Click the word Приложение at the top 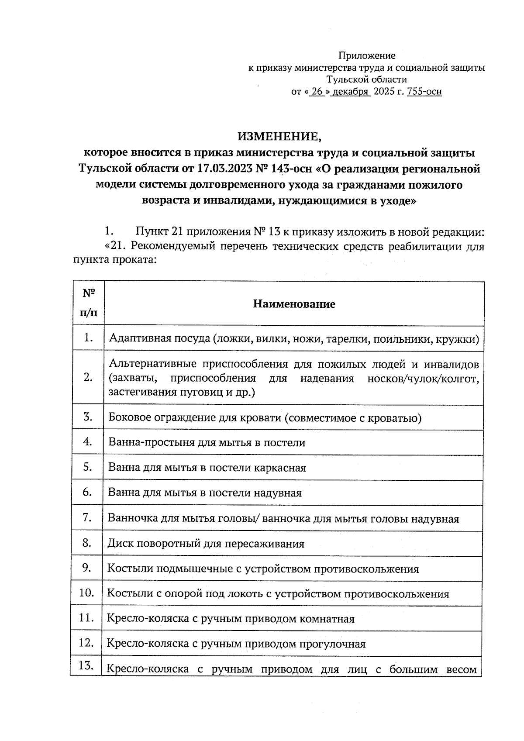[367, 56]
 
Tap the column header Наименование [294, 304]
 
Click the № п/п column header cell [89, 303]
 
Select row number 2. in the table [89, 378]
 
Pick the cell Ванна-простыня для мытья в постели [207, 443]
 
